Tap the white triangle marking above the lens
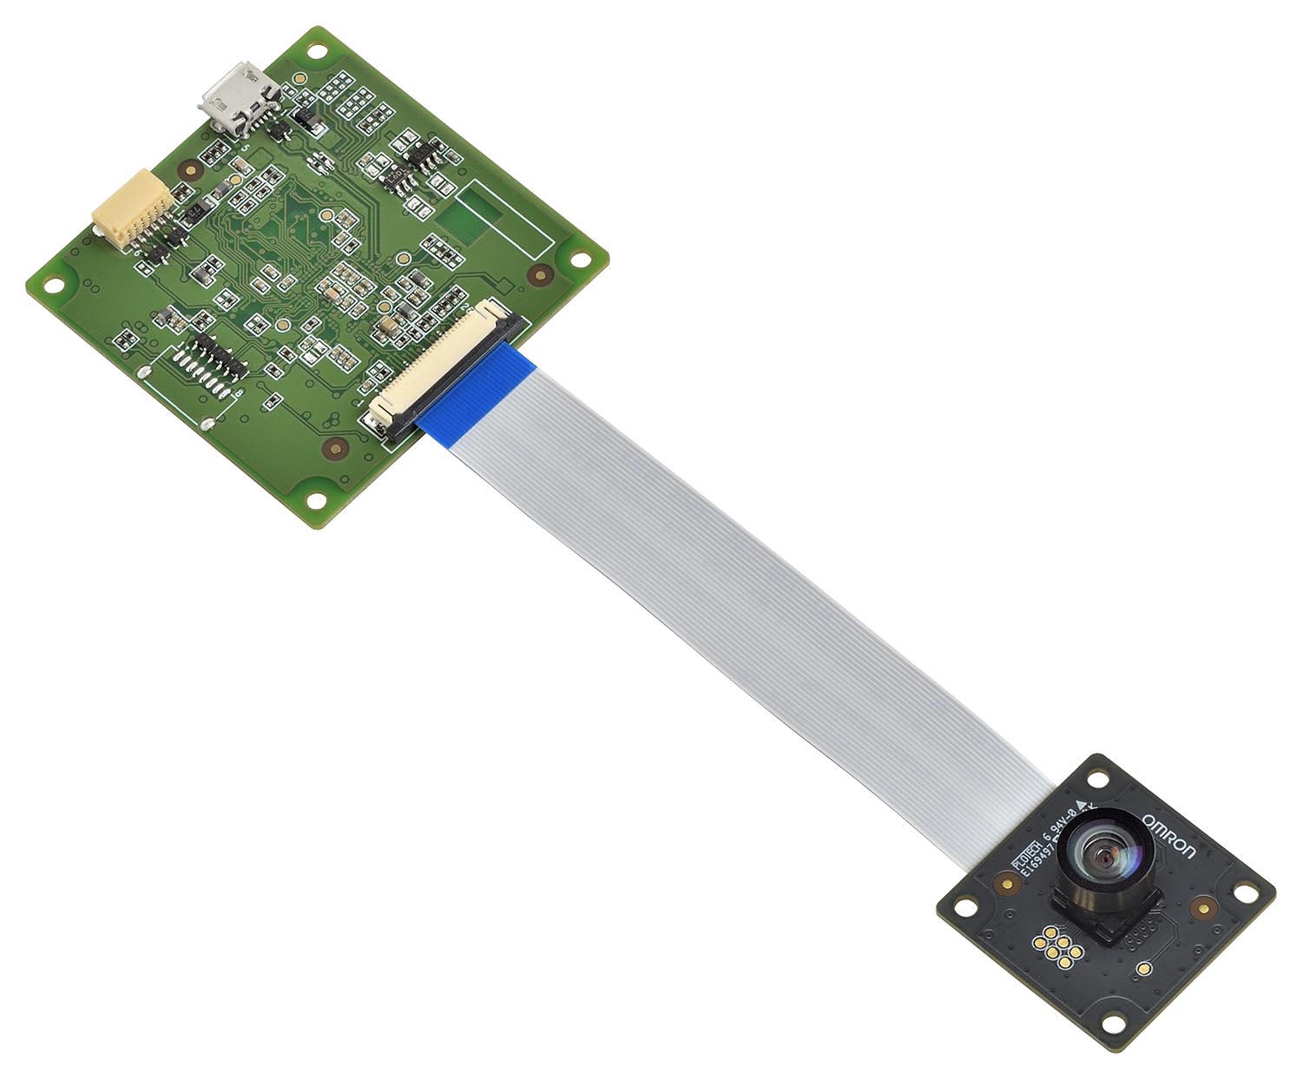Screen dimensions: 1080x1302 point(1081,802)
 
